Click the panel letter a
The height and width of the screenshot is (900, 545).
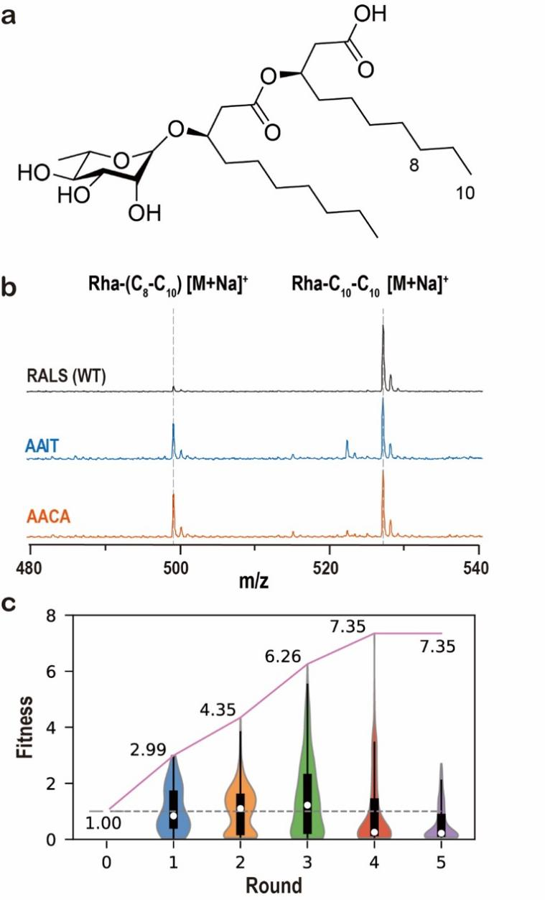click(11, 16)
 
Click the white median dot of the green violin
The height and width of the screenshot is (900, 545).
click(307, 805)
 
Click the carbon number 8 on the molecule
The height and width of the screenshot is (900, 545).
click(413, 164)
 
